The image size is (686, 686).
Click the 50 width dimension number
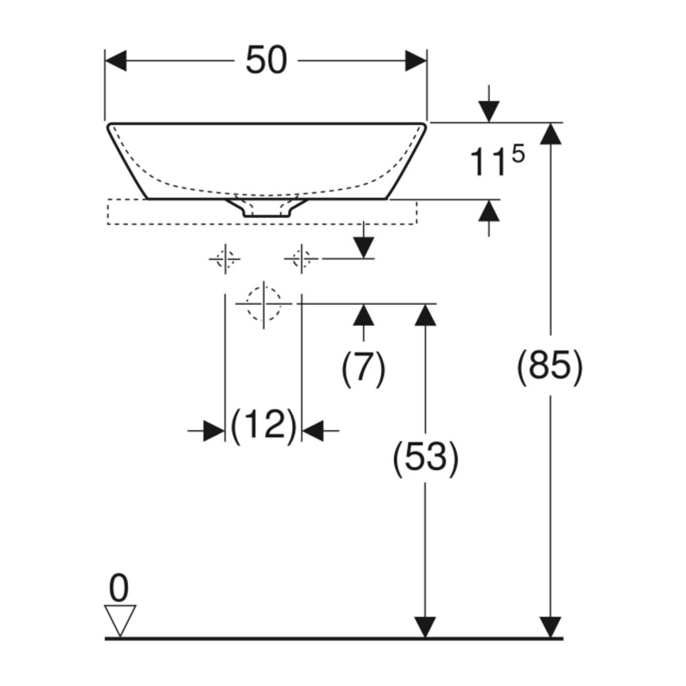pos(266,60)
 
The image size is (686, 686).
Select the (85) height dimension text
pos(550,367)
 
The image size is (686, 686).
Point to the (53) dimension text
pos(426,458)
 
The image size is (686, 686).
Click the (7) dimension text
pos(363,369)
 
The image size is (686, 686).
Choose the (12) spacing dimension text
pos(263,426)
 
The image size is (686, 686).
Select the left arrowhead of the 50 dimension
pos(116,61)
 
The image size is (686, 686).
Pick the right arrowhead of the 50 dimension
pos(415,61)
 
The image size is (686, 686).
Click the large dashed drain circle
pos(263,303)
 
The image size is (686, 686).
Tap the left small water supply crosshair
pos(225,259)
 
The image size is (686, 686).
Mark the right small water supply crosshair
pos(301,259)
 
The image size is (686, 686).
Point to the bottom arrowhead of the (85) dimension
pos(551,627)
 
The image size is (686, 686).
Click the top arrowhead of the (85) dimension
pos(551,133)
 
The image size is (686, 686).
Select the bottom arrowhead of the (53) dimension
pos(425,627)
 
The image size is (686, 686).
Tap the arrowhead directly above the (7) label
pos(364,314)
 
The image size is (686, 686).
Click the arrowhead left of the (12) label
pos(215,430)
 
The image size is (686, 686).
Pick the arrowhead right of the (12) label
pos(312,430)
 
